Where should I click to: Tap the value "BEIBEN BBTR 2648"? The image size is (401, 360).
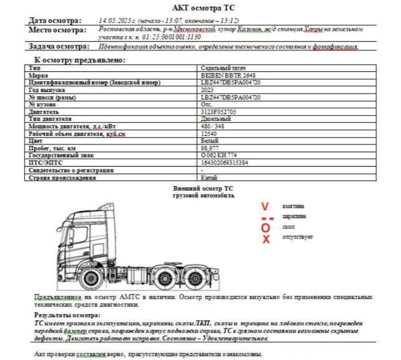click(229, 75)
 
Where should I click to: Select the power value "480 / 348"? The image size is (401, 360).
click(212, 127)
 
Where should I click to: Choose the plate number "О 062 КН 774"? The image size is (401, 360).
click(219, 155)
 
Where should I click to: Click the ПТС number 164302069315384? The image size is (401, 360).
click(224, 163)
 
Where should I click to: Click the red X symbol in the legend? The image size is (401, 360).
click(266, 239)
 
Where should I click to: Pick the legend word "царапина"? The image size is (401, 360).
click(294, 216)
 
